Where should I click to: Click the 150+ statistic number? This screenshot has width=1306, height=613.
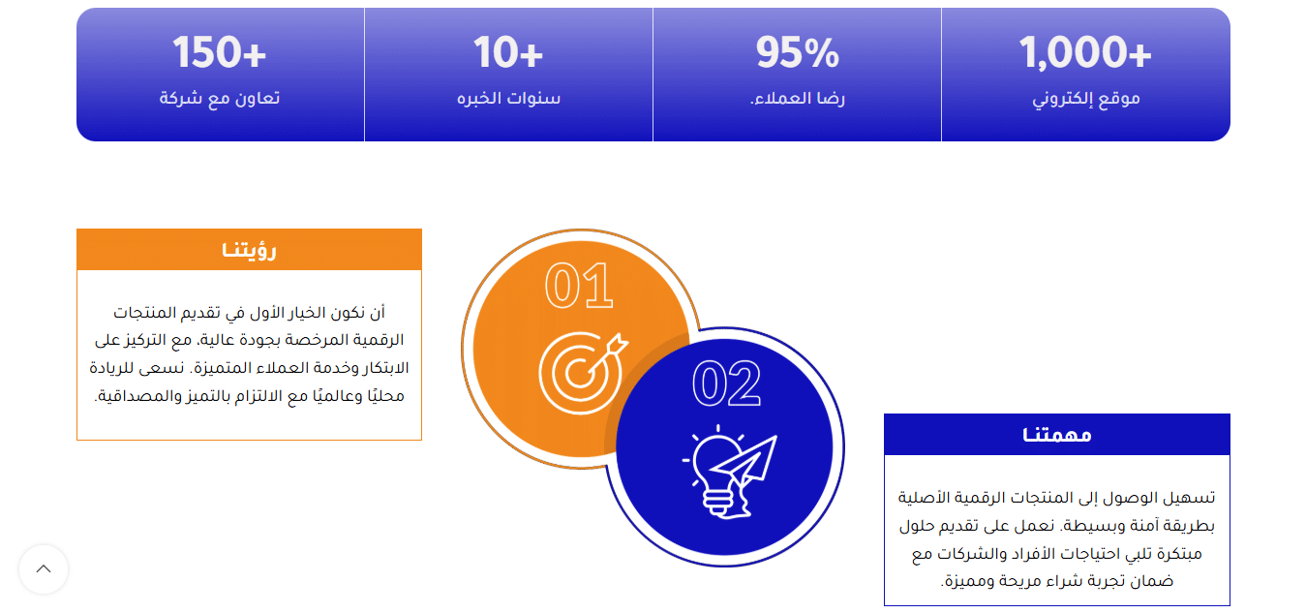[220, 52]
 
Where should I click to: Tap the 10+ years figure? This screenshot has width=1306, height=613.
[508, 52]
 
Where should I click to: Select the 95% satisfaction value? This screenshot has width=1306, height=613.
[797, 52]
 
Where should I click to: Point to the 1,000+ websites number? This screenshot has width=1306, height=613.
[1085, 52]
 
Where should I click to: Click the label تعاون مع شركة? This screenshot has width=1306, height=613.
[220, 99]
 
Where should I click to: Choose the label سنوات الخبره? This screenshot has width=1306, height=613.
[508, 99]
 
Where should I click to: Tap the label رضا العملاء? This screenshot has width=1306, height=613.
[797, 99]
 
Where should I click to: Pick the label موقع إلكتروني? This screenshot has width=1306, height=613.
[1085, 99]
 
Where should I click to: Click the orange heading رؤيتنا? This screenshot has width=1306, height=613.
[249, 250]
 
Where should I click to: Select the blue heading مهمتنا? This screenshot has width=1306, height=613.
[1056, 435]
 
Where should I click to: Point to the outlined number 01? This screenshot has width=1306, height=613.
[579, 287]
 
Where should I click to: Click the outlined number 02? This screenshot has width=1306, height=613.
[726, 383]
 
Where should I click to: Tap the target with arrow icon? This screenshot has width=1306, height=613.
[581, 372]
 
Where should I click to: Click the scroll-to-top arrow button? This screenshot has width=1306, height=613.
[44, 569]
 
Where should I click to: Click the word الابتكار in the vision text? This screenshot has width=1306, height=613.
[383, 368]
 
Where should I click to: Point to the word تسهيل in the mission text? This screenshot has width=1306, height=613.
[1187, 498]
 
